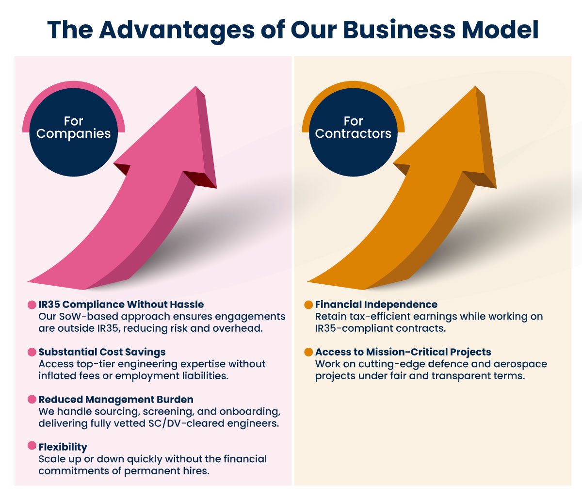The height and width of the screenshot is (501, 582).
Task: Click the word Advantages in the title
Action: (177, 31)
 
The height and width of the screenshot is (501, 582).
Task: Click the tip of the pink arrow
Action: (196, 86)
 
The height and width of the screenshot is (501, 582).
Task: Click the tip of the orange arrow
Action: (476, 86)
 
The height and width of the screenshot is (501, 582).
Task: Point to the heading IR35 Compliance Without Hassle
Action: (121, 305)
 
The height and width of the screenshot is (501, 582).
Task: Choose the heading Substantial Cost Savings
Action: (102, 352)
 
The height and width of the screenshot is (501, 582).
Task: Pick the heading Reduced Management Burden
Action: (116, 400)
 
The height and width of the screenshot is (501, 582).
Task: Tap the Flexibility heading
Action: (63, 447)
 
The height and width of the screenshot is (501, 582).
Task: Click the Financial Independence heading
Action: (376, 305)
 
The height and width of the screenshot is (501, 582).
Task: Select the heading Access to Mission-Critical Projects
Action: (403, 352)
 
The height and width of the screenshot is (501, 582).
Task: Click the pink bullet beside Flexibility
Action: (32, 446)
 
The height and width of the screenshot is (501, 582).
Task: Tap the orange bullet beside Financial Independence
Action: (308, 305)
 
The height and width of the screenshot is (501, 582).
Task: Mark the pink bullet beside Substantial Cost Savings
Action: (32, 352)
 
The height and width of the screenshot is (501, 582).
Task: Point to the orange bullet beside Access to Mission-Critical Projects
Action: (308, 352)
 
